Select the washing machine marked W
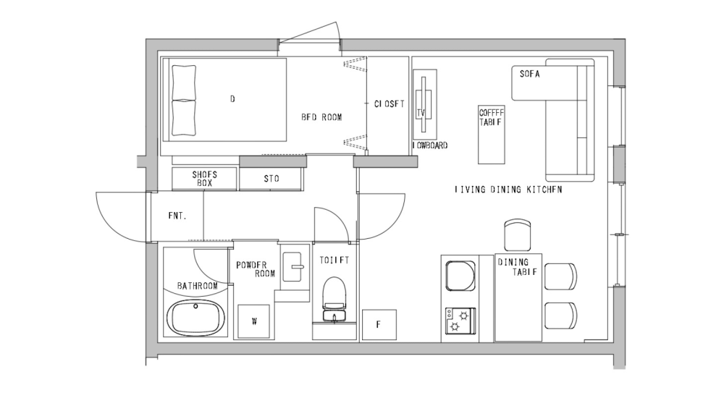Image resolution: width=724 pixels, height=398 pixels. coord(254,321)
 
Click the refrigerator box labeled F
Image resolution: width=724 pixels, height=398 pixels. coord(379,324)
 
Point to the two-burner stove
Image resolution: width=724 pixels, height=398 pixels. coord(460,320)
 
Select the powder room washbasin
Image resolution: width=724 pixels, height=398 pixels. coord(294,267)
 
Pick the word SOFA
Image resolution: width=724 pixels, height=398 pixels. coord(530,74)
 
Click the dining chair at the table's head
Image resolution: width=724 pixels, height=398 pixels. coord(518,234)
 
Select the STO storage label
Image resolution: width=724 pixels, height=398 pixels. coord(271,179)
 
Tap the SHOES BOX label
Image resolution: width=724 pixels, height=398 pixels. coord(204,179)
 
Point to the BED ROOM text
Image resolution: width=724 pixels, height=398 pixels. coord(321,117)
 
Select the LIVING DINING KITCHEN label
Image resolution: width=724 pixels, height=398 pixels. coord(508,190)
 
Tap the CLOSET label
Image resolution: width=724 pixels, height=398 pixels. coord(390,103)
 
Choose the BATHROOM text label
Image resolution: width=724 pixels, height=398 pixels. coord(198,286)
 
